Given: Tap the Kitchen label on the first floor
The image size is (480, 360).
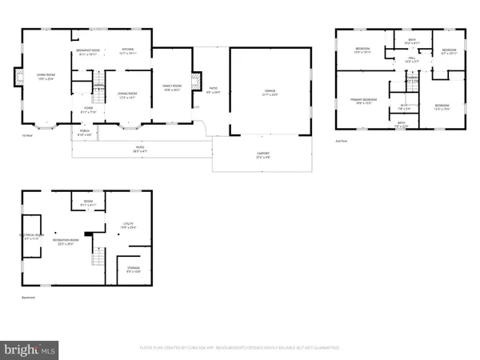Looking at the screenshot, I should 127,51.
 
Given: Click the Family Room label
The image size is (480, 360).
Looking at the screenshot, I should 172,87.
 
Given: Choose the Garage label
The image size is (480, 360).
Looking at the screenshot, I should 260,92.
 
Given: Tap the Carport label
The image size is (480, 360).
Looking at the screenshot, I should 263,154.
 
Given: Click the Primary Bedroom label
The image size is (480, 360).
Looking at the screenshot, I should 362,101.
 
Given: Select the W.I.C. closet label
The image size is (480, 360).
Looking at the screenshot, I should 406,107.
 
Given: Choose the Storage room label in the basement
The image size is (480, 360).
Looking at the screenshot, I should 133,270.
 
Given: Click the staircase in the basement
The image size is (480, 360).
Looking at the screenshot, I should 99,258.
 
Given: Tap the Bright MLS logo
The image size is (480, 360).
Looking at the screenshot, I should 30,350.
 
